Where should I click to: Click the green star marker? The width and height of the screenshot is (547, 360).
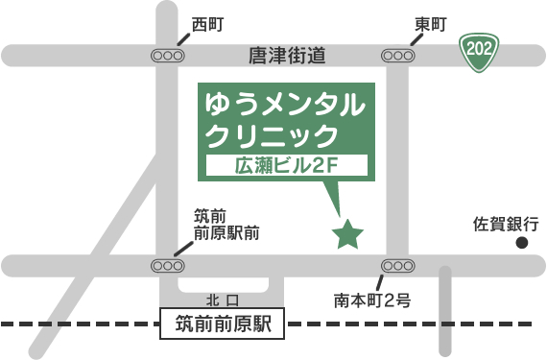click(x=346, y=233)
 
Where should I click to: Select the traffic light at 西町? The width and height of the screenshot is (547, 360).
click(x=167, y=56)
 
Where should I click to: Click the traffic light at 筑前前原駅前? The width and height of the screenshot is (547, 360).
click(x=167, y=264)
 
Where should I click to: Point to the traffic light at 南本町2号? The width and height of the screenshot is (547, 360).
click(x=398, y=264)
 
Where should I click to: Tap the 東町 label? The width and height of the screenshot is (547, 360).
click(x=430, y=25)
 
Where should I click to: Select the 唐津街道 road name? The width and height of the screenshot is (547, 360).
click(x=287, y=57)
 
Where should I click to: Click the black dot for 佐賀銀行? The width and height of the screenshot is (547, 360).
click(x=522, y=244)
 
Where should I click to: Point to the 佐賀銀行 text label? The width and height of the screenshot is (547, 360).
click(x=506, y=224)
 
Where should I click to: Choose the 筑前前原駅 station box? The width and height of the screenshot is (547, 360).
click(x=224, y=324)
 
